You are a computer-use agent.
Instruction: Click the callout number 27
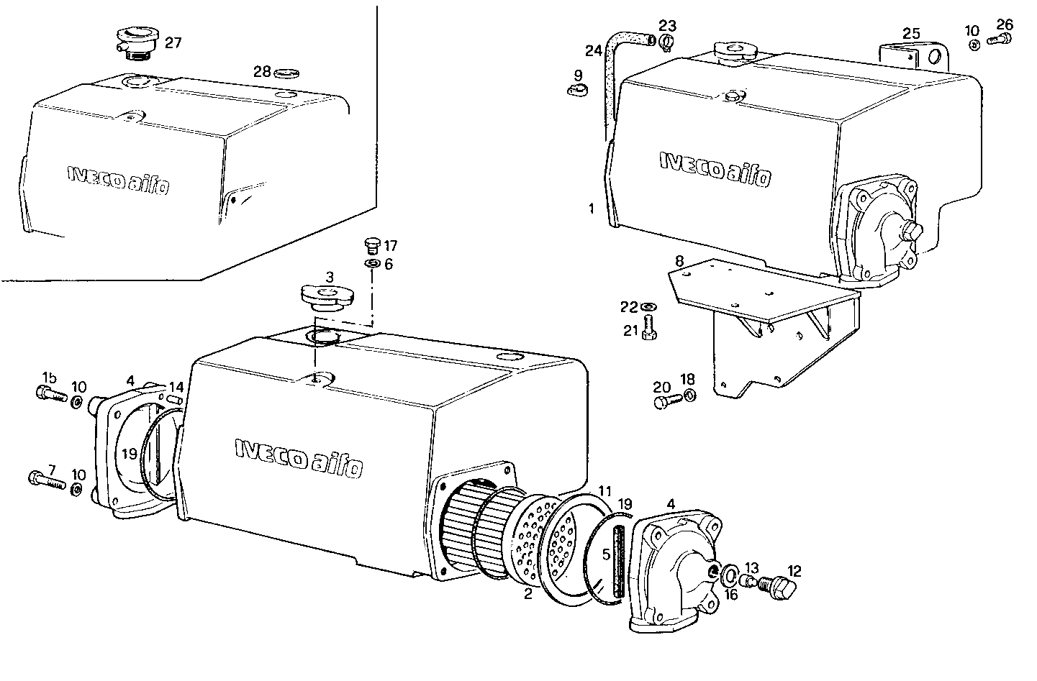click(x=173, y=42)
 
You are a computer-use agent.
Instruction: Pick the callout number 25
click(x=911, y=33)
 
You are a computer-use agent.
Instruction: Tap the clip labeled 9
click(x=577, y=91)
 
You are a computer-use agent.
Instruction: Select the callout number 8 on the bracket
click(x=679, y=259)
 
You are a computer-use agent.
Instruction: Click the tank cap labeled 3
click(x=327, y=296)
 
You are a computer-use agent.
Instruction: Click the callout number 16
click(x=731, y=594)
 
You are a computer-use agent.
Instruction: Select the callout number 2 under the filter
click(x=528, y=594)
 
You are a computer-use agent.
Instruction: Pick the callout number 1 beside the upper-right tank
click(x=591, y=209)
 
